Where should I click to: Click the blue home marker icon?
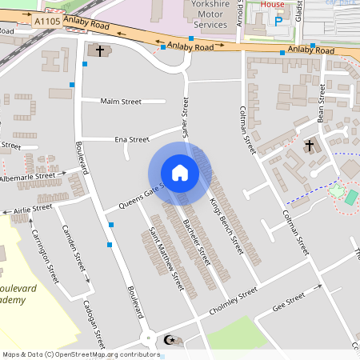tap(180, 172)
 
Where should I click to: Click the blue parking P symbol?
tap(278, 22)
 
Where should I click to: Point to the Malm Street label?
tap(121, 102)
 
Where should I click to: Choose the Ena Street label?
tap(132, 139)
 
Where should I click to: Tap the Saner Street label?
tap(185, 118)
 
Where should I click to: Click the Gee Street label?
tap(289, 302)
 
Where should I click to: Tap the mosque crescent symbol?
tap(168, 340)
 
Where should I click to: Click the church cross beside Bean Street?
tap(310, 146)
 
